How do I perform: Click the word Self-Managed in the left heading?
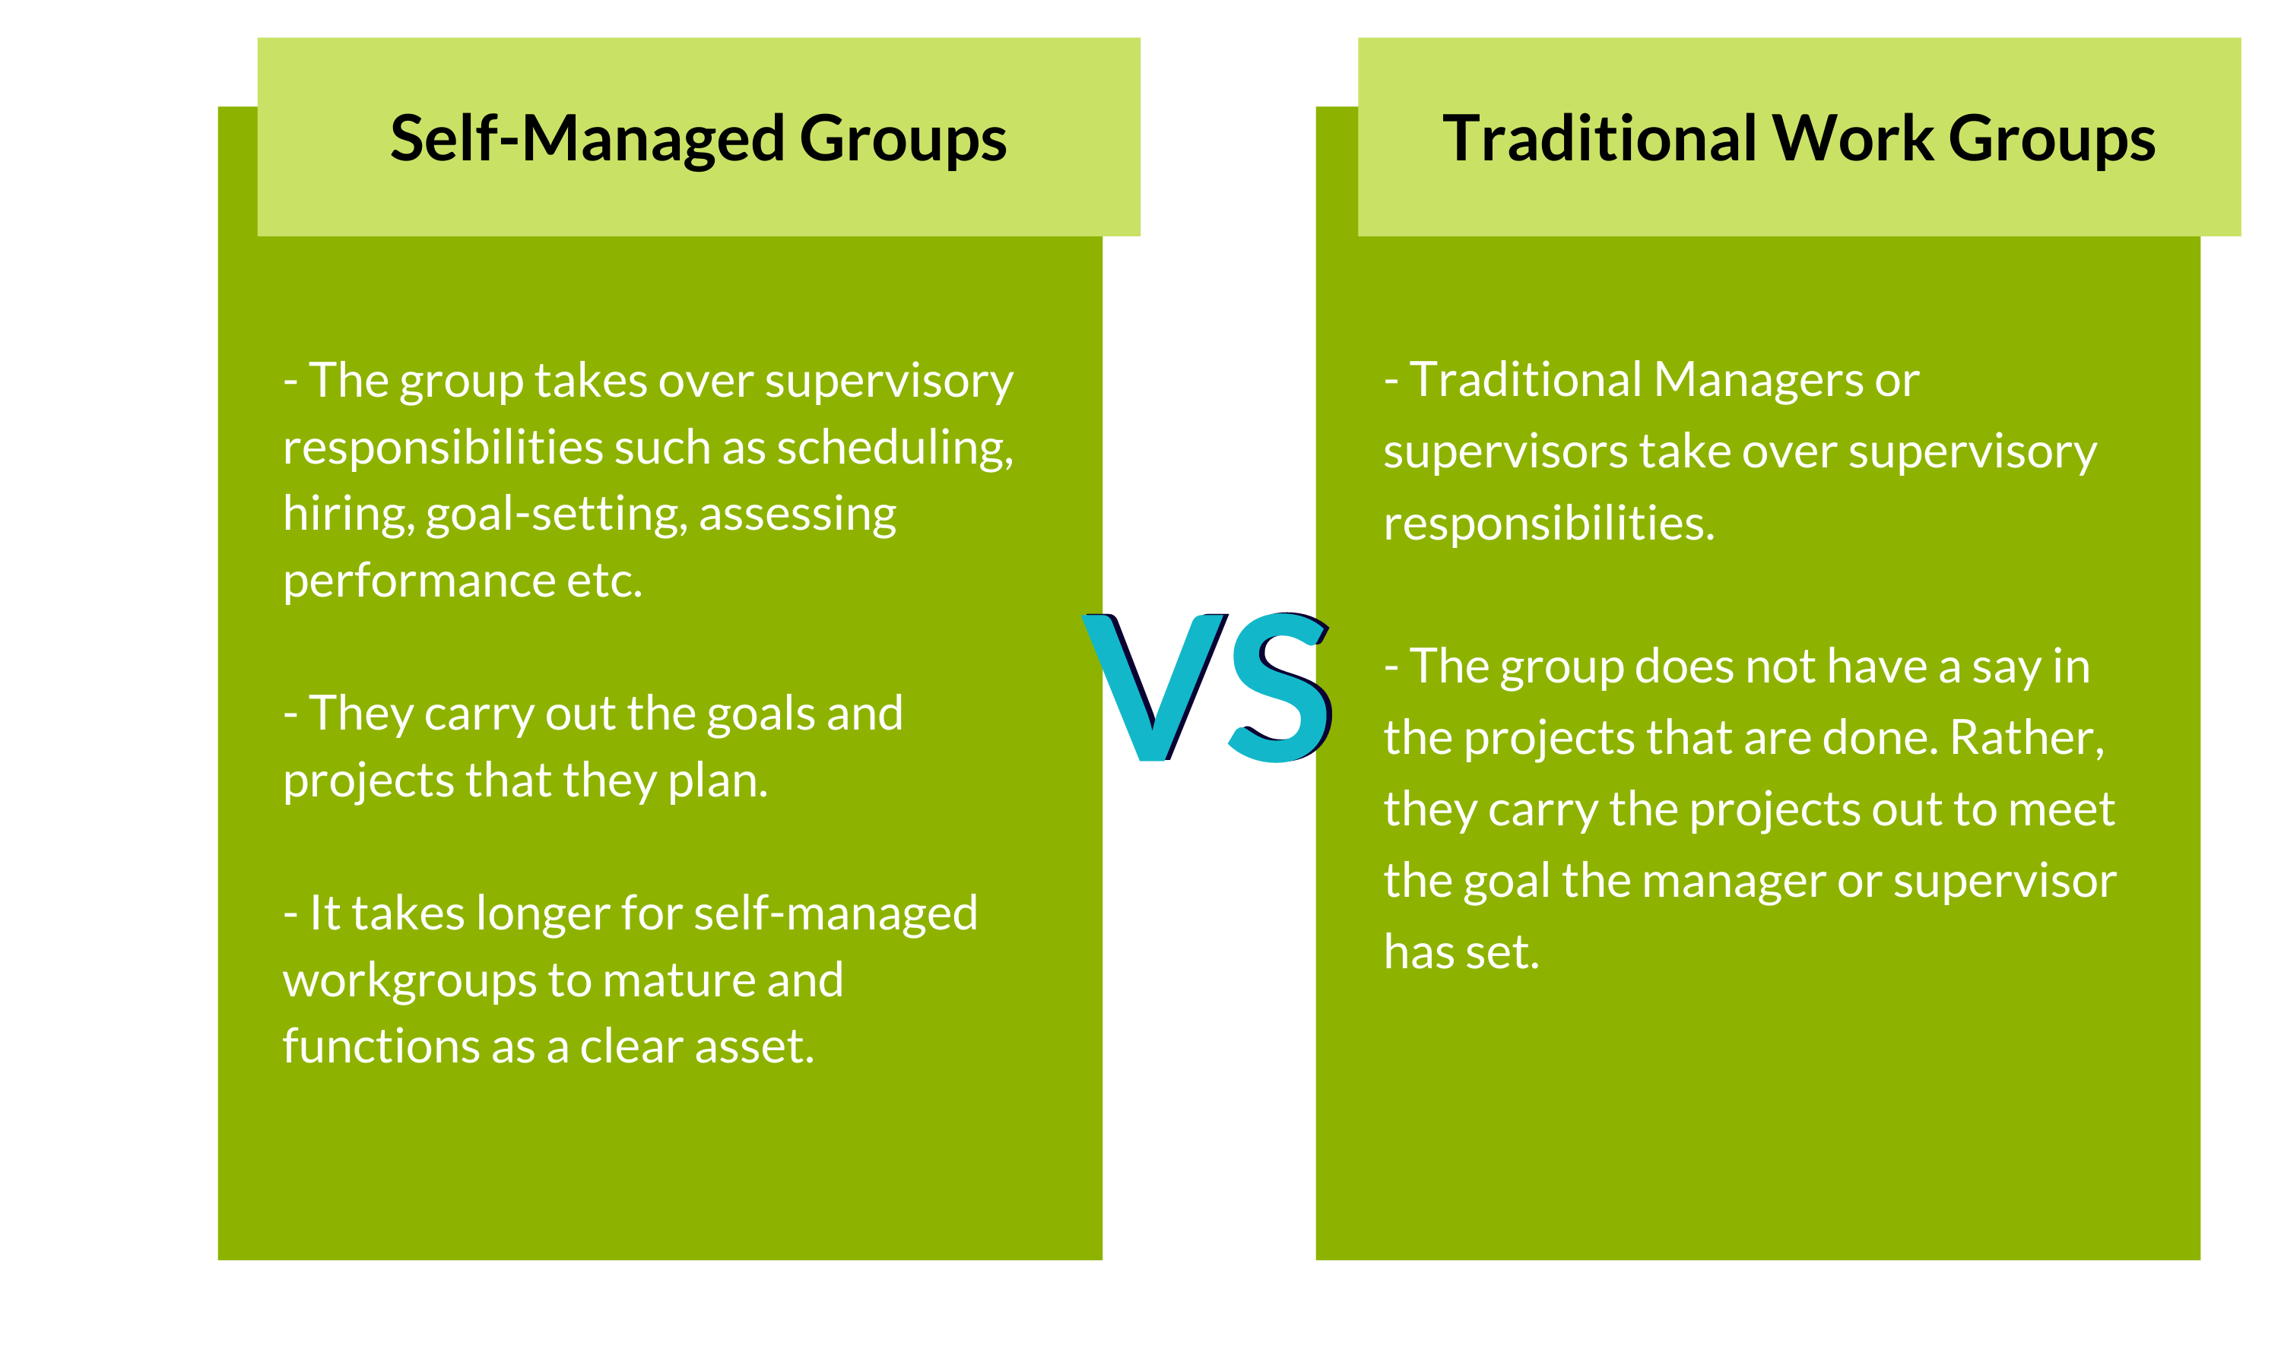coord(586,140)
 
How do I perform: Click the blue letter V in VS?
coord(1155,687)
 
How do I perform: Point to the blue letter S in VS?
coord(1280,687)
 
